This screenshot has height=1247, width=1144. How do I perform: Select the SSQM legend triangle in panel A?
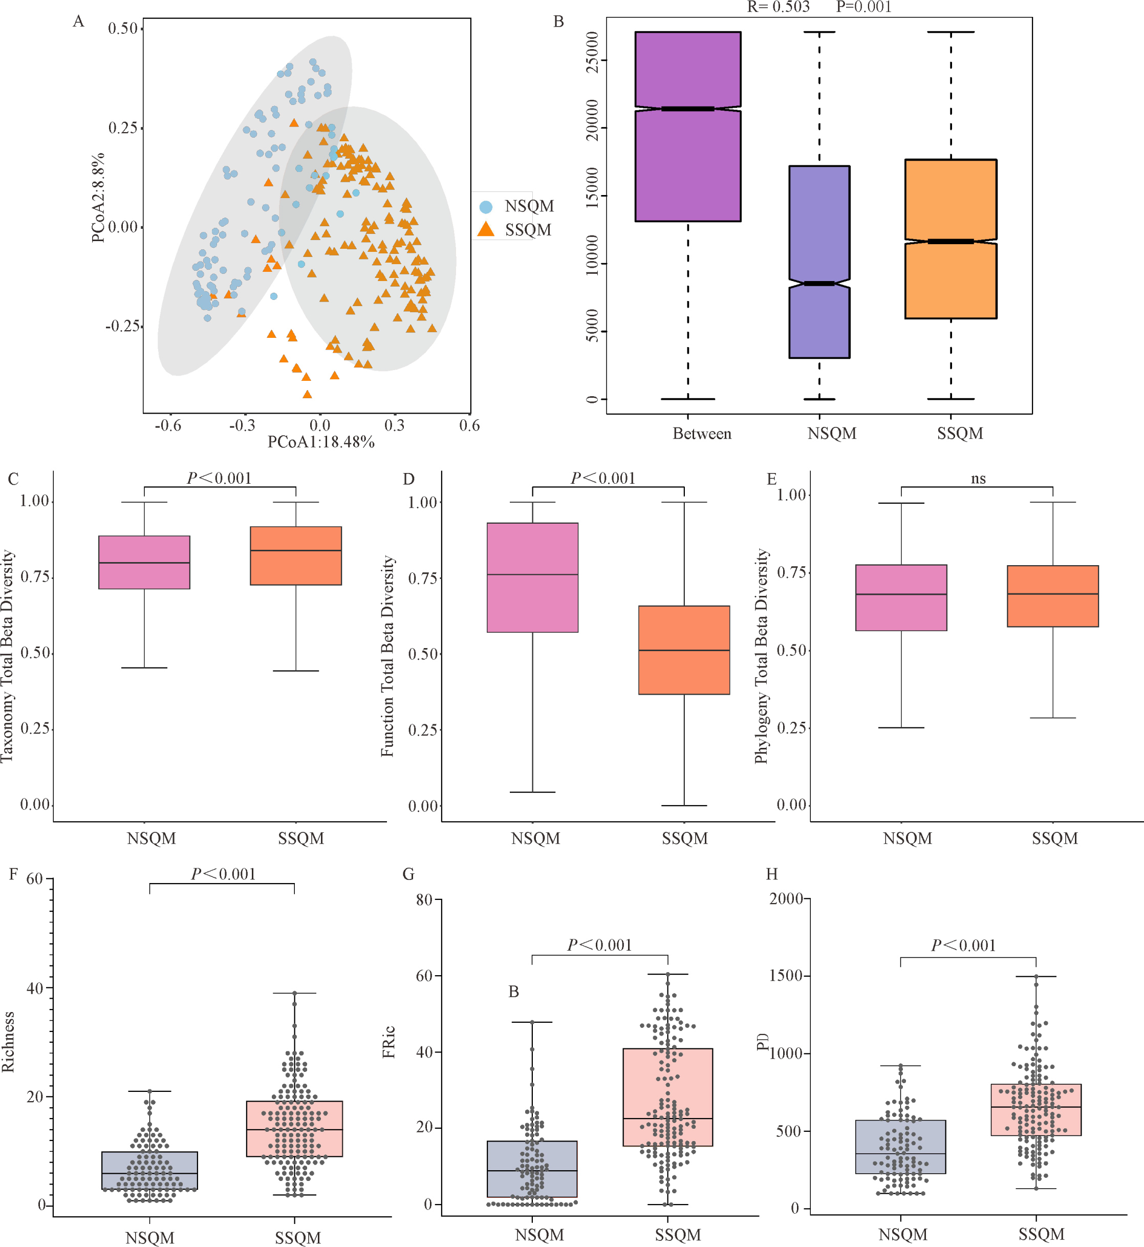point(486,229)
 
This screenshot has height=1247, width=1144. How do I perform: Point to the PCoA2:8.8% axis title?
point(98,198)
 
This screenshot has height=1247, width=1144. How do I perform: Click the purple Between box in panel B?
point(688,126)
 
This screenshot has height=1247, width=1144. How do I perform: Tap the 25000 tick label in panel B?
point(592,52)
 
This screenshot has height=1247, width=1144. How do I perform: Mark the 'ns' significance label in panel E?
point(978,479)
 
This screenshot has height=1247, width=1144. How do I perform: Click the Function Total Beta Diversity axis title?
point(387,656)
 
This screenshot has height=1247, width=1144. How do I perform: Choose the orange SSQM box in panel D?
point(684,650)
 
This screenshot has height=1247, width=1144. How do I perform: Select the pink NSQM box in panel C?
point(144,562)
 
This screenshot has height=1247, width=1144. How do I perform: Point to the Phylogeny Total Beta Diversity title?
point(762,656)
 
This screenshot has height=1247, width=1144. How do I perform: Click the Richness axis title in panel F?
point(8,1041)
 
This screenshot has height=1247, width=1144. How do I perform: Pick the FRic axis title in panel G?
point(389,1042)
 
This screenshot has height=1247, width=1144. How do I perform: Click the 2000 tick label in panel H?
point(786,898)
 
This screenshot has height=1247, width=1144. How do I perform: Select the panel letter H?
point(771,874)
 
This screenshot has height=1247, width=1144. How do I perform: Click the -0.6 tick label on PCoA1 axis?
point(168,425)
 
